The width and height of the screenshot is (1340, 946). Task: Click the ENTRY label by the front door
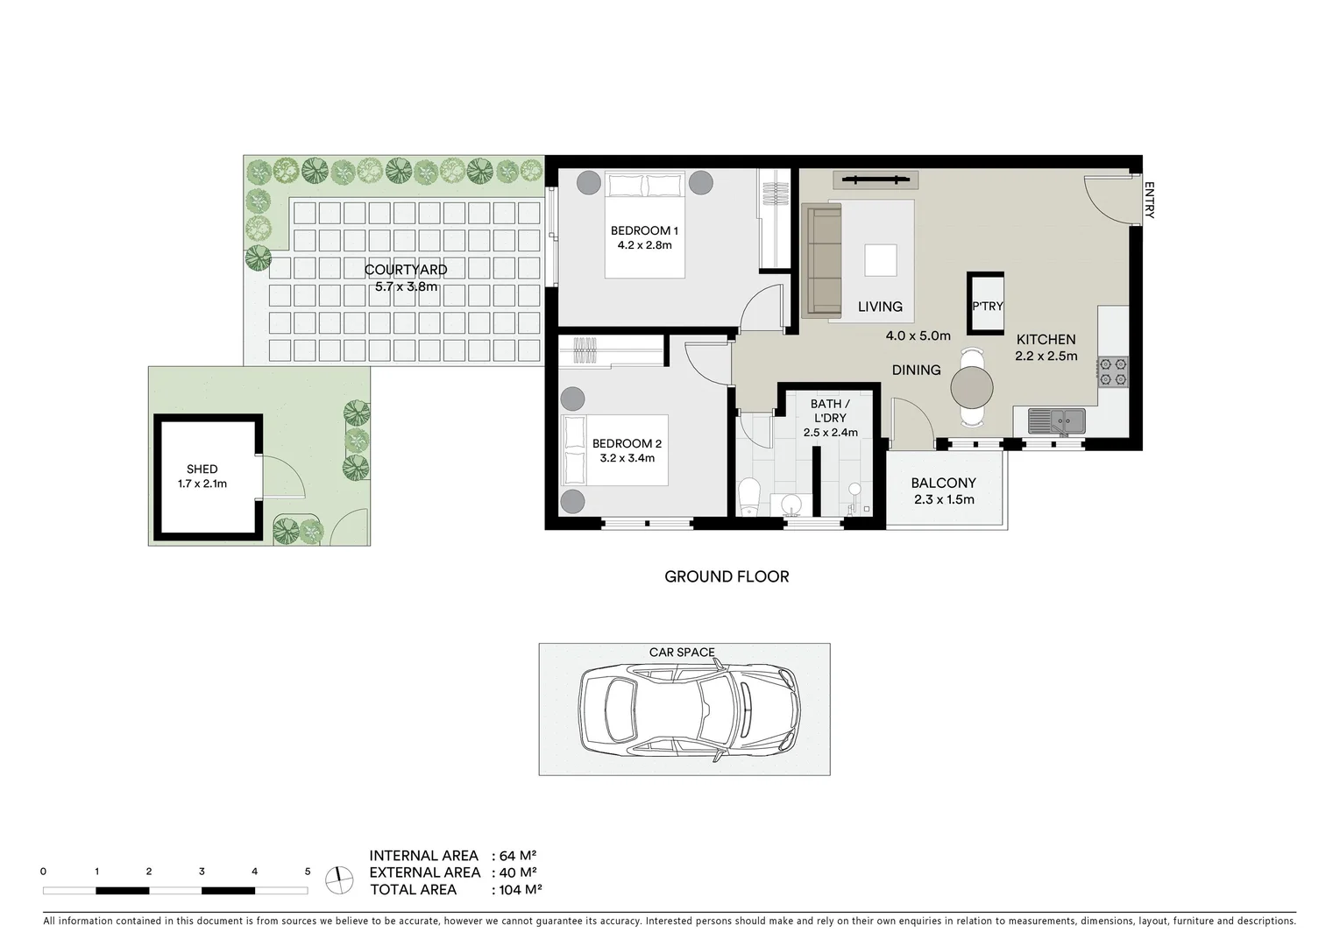pos(1149,200)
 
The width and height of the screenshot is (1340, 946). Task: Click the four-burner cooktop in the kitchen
pos(1112,371)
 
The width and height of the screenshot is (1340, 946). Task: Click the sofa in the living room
pos(822,259)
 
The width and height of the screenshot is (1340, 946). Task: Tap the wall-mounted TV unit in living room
pos(875,180)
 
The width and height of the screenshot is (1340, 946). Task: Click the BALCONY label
pos(943,483)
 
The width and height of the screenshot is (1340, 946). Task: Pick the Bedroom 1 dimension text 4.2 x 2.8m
pos(644,245)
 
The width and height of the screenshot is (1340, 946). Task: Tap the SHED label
pos(202,469)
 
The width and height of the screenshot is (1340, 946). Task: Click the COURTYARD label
pos(406,270)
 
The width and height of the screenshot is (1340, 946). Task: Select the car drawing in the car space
pos(689,709)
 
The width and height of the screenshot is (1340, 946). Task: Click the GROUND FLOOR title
pos(727,576)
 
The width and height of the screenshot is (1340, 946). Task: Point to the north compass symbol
pos(338,879)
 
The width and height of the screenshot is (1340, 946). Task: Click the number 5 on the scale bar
pos(307,872)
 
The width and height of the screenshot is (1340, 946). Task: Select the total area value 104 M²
pos(520,890)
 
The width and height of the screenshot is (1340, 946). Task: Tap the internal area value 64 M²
pos(517,856)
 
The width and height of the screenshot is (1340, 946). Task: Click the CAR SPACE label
pos(682,653)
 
